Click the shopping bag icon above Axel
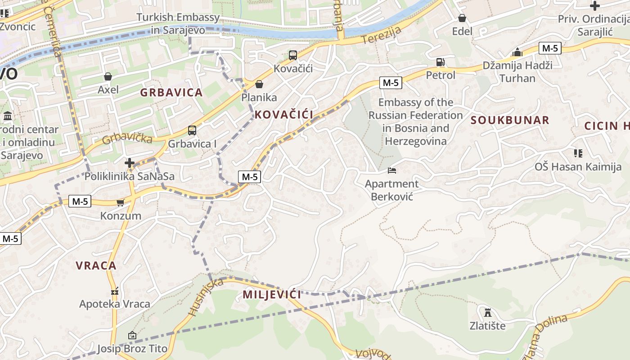pyautogui.click(x=108, y=76)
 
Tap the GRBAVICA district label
pyautogui.click(x=171, y=93)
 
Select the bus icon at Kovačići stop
pyautogui.click(x=293, y=55)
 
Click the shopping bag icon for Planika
pyautogui.click(x=259, y=84)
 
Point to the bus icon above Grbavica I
pyautogui.click(x=192, y=130)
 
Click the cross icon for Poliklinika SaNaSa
pyautogui.click(x=130, y=162)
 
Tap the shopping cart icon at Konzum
pyautogui.click(x=120, y=202)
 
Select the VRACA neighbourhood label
pyautogui.click(x=96, y=265)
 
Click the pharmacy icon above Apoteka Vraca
pyautogui.click(x=115, y=291)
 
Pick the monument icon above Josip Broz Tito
pyautogui.click(x=132, y=335)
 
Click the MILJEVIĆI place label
pyautogui.click(x=272, y=295)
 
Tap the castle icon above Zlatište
pyautogui.click(x=487, y=312)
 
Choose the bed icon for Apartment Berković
pyautogui.click(x=391, y=171)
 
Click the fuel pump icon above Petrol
pyautogui.click(x=440, y=62)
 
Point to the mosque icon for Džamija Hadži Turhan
pyautogui.click(x=517, y=52)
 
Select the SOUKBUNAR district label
pyautogui.click(x=510, y=120)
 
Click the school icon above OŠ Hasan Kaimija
pyautogui.click(x=578, y=153)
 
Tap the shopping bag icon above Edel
pyautogui.click(x=462, y=18)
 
